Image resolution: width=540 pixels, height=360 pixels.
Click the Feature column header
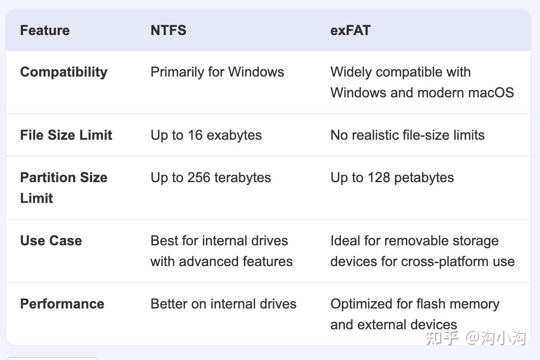click(x=45, y=30)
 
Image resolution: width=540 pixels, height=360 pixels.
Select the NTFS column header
click(x=168, y=30)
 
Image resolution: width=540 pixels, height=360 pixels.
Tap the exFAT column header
click(x=350, y=30)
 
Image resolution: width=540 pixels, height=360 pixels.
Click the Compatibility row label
click(x=64, y=72)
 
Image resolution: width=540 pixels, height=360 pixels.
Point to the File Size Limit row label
click(x=66, y=135)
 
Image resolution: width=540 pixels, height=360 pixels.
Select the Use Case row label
click(x=51, y=241)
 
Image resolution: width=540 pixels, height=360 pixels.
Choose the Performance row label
click(x=62, y=304)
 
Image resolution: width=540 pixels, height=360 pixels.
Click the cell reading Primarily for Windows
click(x=217, y=72)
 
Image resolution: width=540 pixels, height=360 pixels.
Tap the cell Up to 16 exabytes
click(x=206, y=135)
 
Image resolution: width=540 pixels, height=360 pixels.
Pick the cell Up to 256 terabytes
click(x=211, y=177)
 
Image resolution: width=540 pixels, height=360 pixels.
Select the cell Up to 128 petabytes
click(x=392, y=177)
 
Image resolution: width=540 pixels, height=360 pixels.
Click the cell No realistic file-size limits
click(x=407, y=135)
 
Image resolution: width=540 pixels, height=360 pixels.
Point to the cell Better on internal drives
click(x=223, y=304)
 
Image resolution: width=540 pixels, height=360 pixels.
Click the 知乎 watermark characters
click(x=442, y=337)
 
